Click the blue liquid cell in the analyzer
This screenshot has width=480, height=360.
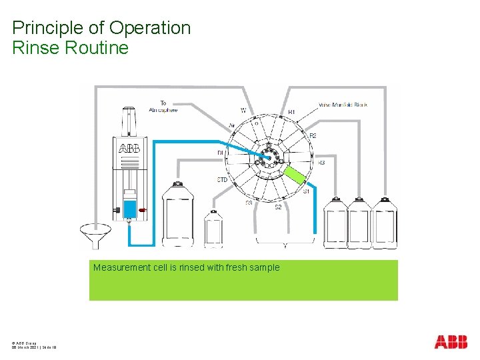click(130, 207)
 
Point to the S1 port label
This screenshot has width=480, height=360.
click(307, 192)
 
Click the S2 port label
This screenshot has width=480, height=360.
click(279, 207)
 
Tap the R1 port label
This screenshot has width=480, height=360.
click(291, 112)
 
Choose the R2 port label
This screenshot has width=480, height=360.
click(313, 136)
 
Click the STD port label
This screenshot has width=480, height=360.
click(223, 180)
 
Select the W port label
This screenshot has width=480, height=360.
click(243, 110)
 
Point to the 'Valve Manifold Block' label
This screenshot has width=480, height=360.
click(343, 105)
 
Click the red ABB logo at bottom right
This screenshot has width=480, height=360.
click(451, 342)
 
